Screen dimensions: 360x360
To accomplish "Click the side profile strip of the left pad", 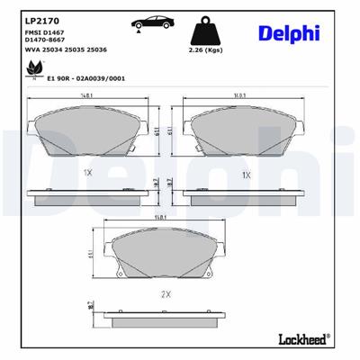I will click(x=86, y=193).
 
